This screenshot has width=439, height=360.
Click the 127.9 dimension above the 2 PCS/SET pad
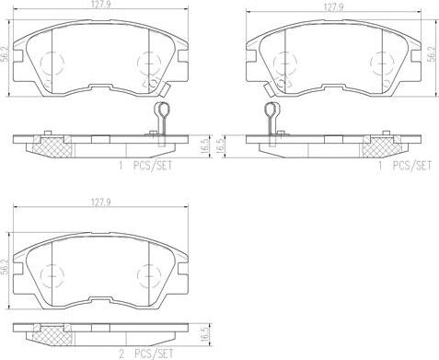click(100, 203)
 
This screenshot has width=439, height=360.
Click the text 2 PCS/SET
click(145, 354)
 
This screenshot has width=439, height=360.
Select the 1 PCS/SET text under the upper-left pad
click(145, 166)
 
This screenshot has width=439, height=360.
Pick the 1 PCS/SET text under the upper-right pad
click(405, 166)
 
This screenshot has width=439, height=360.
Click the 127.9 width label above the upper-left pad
click(100, 6)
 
